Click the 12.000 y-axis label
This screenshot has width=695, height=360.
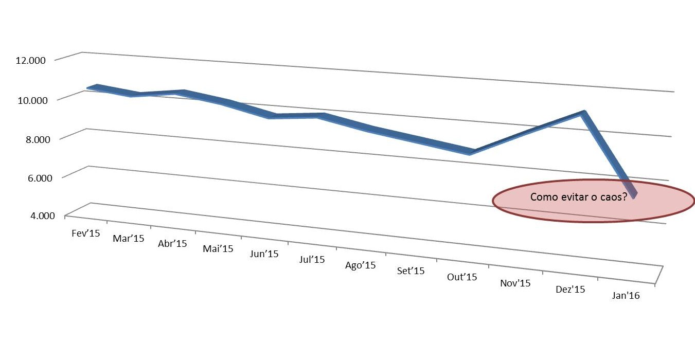tap(31, 60)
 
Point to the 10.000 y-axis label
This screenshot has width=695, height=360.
tap(31, 100)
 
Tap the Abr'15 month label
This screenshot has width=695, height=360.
tap(172, 244)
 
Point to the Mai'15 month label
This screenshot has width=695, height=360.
tap(218, 249)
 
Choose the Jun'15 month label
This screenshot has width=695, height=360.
tap(264, 254)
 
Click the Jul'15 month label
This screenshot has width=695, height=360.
tap(312, 259)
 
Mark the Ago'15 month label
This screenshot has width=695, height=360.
tap(360, 265)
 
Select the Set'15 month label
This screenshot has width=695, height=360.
tap(411, 271)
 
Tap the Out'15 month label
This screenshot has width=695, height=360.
tap(462, 277)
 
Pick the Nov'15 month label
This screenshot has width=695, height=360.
tap(515, 283)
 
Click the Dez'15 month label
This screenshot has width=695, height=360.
tap(571, 290)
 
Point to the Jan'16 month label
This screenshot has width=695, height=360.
tap(626, 296)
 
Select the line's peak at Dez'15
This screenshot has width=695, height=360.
tap(583, 113)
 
